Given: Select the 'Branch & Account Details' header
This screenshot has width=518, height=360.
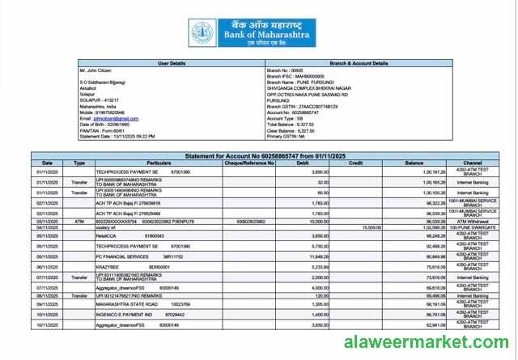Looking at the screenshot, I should pyautogui.click(x=359, y=62).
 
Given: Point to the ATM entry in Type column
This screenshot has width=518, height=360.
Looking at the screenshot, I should pyautogui.click(x=79, y=221).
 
